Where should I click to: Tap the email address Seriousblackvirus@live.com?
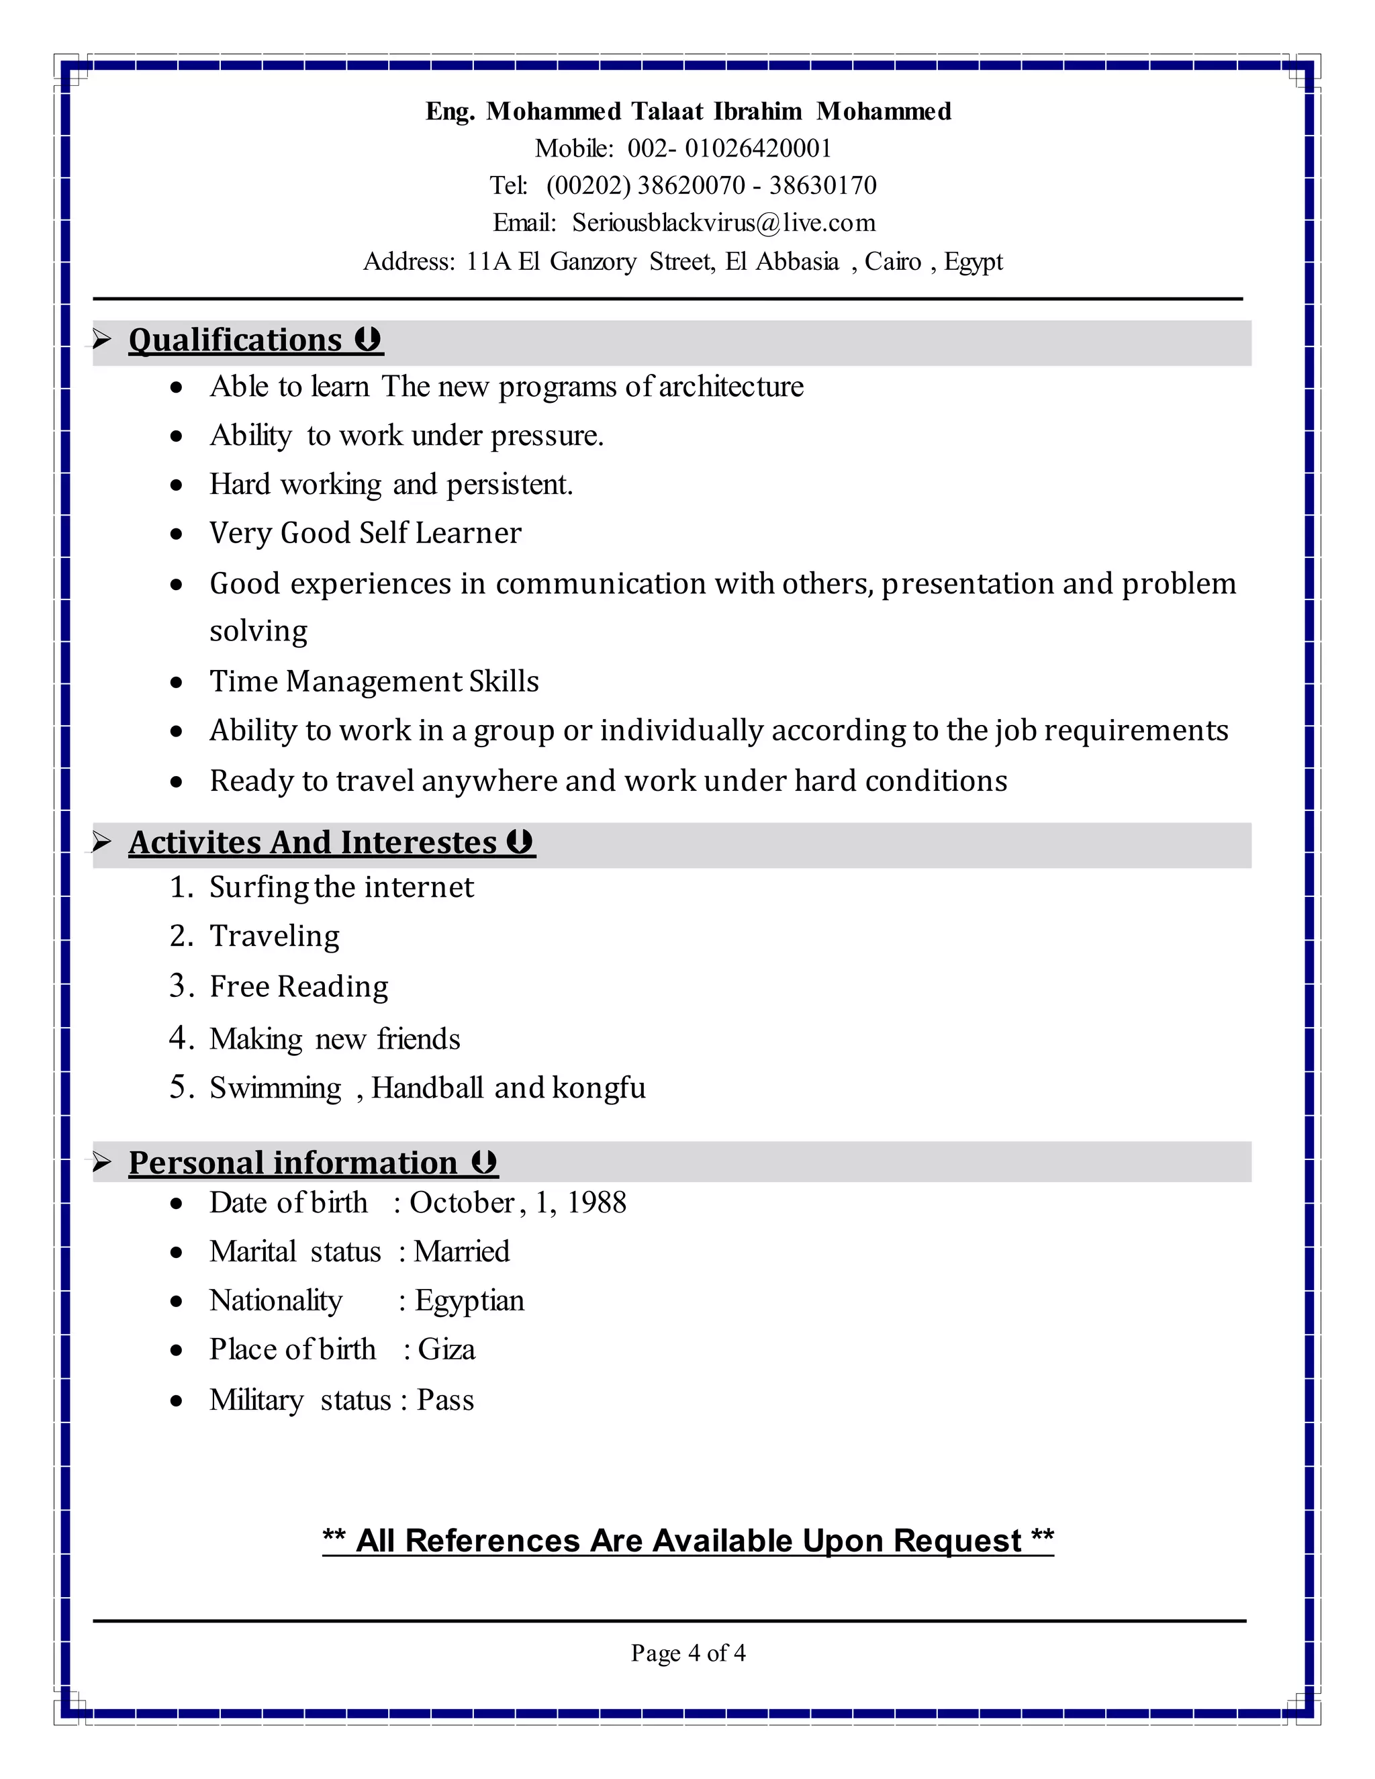pos(723,222)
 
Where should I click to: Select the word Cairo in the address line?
pos(893,261)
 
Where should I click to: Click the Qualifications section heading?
pos(236,340)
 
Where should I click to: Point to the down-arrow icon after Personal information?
pos(485,1161)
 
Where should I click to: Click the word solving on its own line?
pos(258,631)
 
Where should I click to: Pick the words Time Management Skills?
pos(374,681)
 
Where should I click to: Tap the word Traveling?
pos(275,936)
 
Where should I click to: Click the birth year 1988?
pos(596,1203)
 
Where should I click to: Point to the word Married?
pos(462,1252)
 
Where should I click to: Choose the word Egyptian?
pos(470,1301)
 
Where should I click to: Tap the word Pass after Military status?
pos(446,1400)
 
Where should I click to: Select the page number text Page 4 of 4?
pos(687,1653)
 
